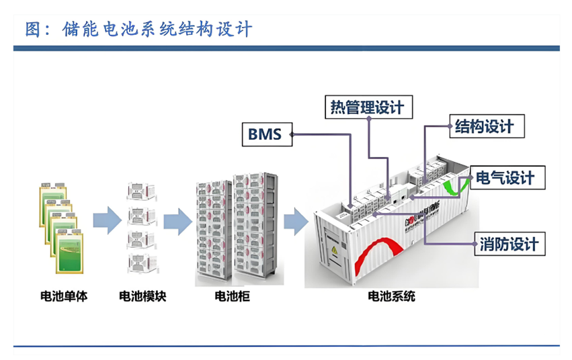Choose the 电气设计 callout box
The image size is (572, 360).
click(505, 178)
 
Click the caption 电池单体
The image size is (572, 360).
click(65, 296)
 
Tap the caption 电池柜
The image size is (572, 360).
click(232, 296)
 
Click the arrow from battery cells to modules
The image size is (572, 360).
click(106, 221)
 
